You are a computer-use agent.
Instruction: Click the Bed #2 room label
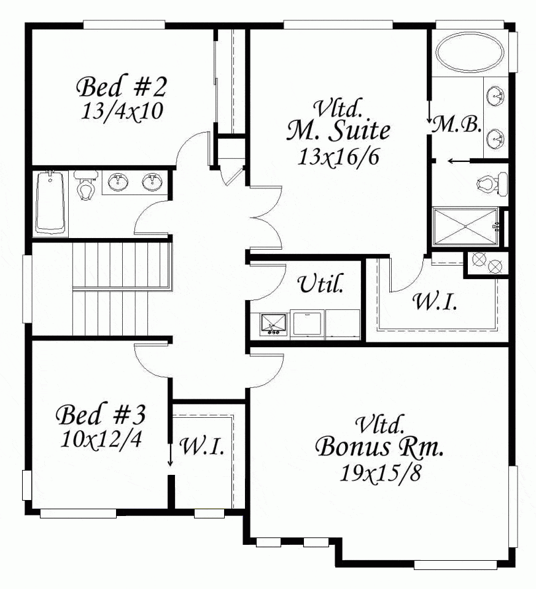click(x=122, y=87)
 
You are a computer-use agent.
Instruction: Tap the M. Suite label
click(x=338, y=130)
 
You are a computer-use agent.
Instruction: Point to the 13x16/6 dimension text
click(x=338, y=156)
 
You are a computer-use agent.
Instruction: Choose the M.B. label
click(x=456, y=125)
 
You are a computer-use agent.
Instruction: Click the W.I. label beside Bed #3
click(x=201, y=446)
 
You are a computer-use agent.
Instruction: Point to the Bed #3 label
click(x=101, y=415)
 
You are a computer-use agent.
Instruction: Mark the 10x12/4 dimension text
click(x=101, y=439)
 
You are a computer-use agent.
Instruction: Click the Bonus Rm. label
click(x=380, y=447)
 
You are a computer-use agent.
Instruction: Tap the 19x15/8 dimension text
click(x=380, y=472)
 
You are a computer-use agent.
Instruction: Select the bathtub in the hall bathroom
click(x=50, y=202)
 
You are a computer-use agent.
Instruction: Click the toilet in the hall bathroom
click(x=85, y=186)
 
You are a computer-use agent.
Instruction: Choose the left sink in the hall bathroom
click(x=118, y=182)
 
